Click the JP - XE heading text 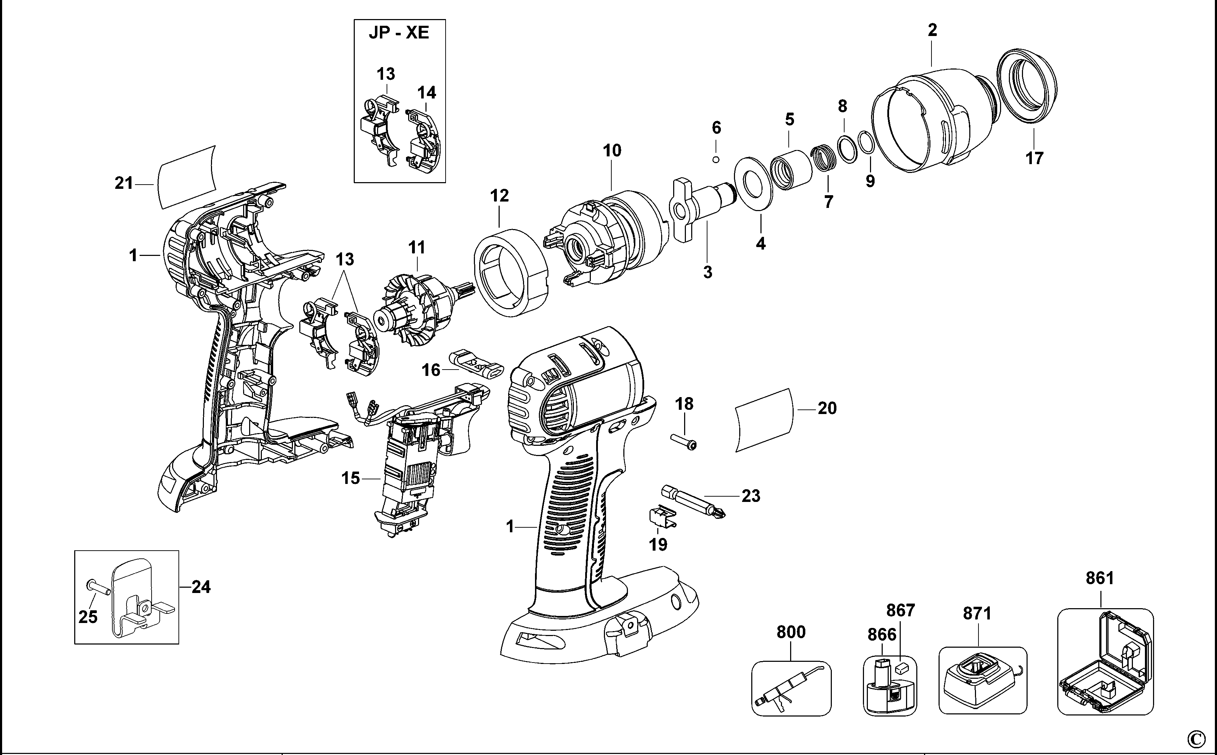point(399,33)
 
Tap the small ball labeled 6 point(716,159)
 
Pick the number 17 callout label point(1034,158)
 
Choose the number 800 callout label point(791,632)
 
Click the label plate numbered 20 point(764,420)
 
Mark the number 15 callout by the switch point(350,478)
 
